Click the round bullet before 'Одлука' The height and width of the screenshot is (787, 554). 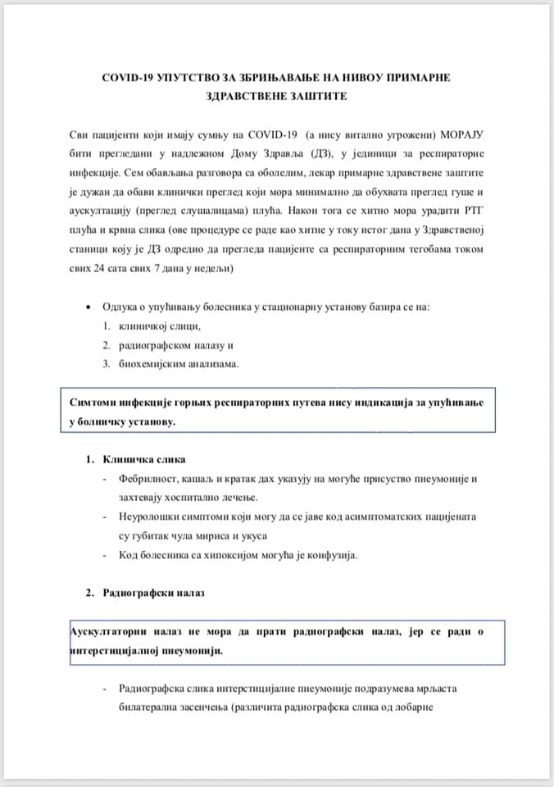point(88,307)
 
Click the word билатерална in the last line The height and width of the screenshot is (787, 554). point(152,707)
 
